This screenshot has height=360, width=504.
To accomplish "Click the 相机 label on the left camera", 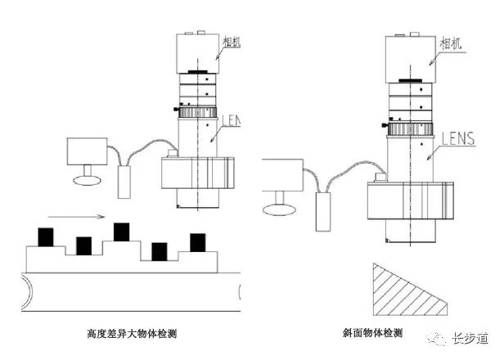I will tap(231, 42).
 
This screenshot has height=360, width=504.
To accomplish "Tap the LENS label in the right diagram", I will tap(457, 139).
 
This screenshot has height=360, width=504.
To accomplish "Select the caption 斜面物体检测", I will tap(373, 334).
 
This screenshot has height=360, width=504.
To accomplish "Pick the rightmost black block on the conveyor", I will tap(197, 243).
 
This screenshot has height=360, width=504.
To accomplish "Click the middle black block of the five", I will tap(122, 232).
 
